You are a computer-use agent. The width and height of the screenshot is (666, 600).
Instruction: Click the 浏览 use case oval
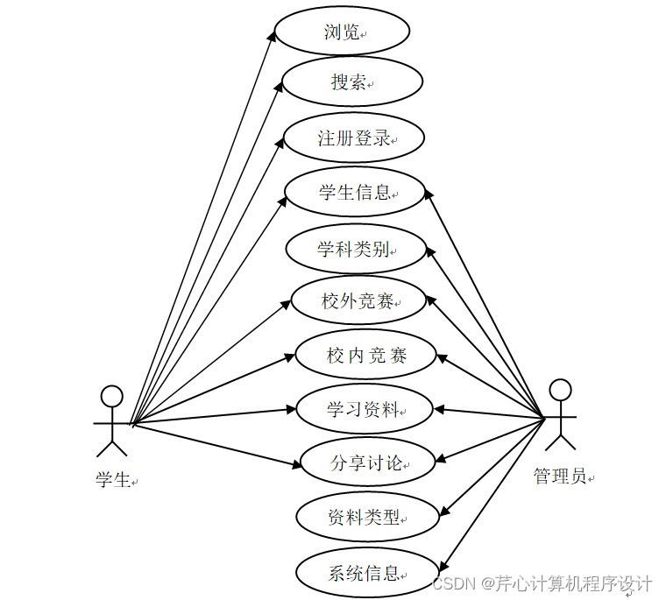pyautogui.click(x=342, y=32)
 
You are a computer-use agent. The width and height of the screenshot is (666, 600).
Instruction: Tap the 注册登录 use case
pyautogui.click(x=354, y=138)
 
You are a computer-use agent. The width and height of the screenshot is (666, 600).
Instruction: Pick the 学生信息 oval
pyautogui.click(x=355, y=192)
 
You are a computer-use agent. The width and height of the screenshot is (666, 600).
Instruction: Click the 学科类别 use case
pyautogui.click(x=355, y=248)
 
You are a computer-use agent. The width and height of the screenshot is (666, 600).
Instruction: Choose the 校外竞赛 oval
pyautogui.click(x=358, y=301)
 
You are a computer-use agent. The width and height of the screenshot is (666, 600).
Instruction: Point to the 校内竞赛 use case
pyautogui.click(x=366, y=355)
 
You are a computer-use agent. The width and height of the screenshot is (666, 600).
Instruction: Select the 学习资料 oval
pyautogui.click(x=365, y=408)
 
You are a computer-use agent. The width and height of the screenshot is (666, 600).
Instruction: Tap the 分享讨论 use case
pyautogui.click(x=367, y=462)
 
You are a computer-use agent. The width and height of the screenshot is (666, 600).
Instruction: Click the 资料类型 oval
pyautogui.click(x=365, y=517)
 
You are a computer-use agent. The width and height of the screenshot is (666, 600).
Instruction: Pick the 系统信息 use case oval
pyautogui.click(x=366, y=574)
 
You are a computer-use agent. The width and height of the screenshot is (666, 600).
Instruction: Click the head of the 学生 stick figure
pyautogui.click(x=111, y=397)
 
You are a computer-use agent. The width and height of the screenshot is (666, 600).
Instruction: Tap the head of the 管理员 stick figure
pyautogui.click(x=560, y=390)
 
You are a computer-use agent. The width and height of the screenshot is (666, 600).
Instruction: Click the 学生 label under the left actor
pyautogui.click(x=113, y=479)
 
